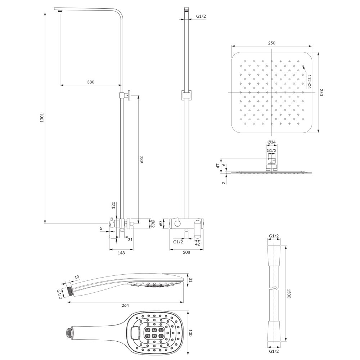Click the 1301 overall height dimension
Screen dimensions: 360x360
tap(42, 118)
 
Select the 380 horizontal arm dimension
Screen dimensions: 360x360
tap(91, 82)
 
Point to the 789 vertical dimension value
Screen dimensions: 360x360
tap(141, 159)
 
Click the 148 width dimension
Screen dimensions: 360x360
tap(121, 253)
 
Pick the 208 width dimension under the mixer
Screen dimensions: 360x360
tap(186, 252)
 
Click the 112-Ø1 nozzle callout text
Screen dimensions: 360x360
tap(309, 81)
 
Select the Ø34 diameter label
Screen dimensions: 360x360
tap(271, 142)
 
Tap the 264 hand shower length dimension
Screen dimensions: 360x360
tap(125, 305)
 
